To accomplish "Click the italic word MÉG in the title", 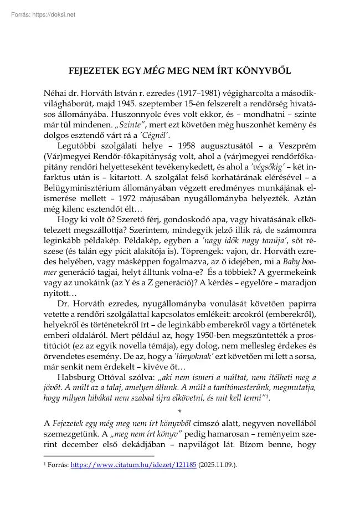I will [155, 71].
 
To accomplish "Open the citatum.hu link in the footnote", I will [133, 466].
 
